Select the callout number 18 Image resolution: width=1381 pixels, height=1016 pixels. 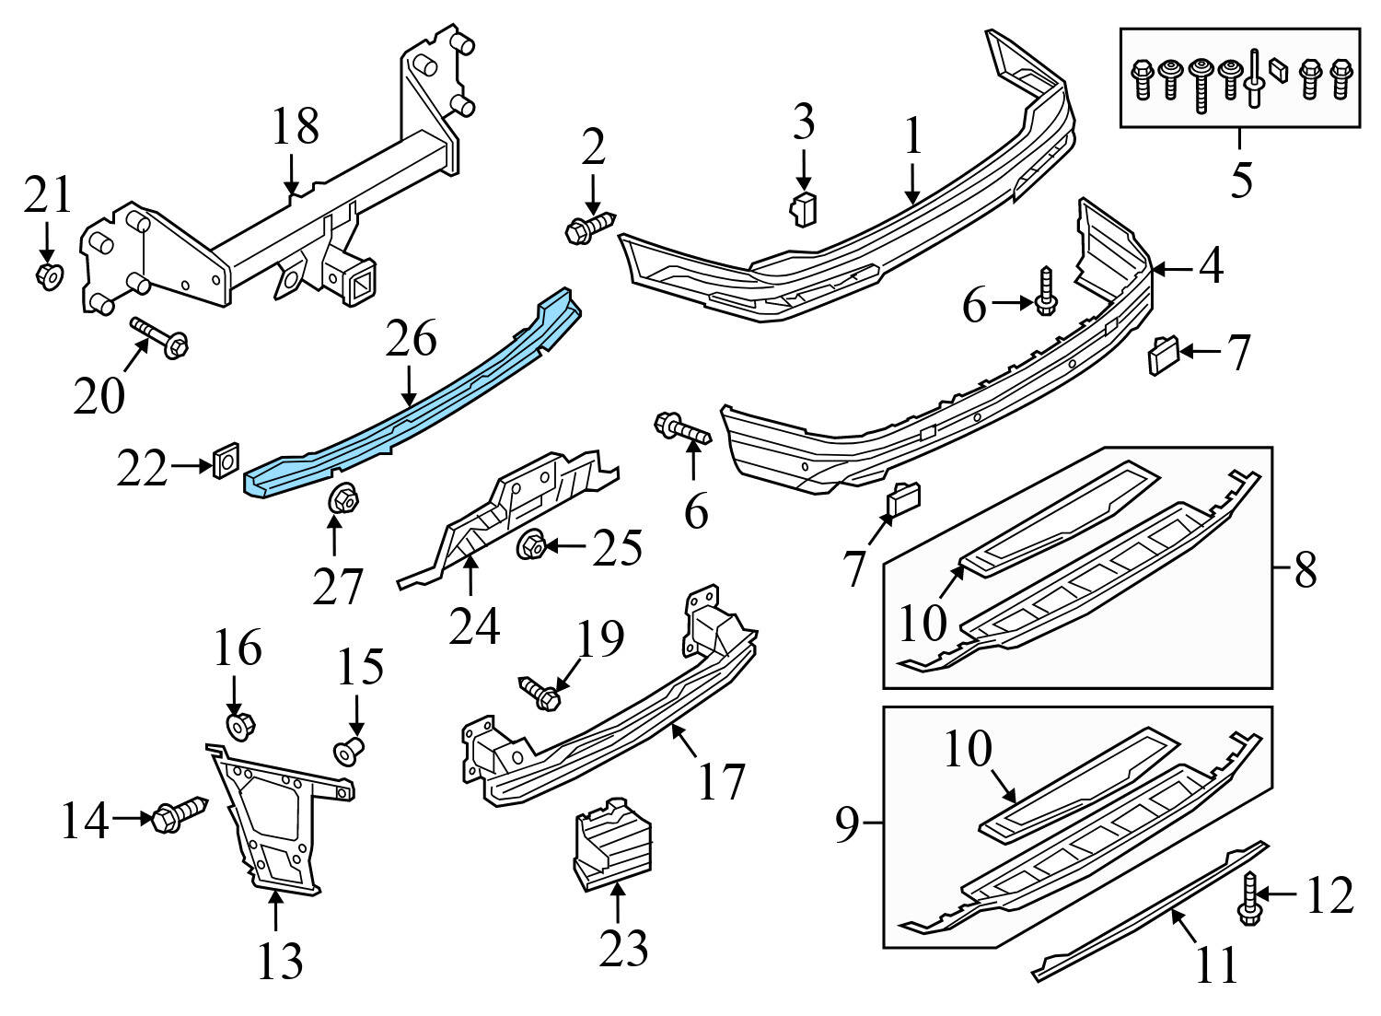(x=295, y=127)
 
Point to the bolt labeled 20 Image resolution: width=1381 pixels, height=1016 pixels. (x=161, y=338)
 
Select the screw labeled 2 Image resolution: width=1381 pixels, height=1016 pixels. (x=589, y=227)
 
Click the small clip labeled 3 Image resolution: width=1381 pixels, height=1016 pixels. (x=804, y=209)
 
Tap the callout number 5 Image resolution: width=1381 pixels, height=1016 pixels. (x=1241, y=180)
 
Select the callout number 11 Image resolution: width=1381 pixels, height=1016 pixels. (x=1216, y=965)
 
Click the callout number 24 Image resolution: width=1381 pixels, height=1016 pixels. (x=474, y=625)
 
